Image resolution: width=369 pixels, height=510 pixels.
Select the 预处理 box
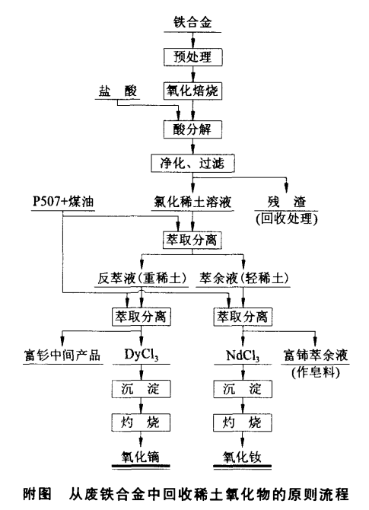pos(193,57)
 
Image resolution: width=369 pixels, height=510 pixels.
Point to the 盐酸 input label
pos(115,90)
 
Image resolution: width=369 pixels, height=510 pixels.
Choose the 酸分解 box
pos(193,128)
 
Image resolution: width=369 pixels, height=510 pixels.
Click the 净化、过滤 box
pos(193,163)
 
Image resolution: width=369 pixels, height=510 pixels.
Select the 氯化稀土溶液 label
pos(193,202)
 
